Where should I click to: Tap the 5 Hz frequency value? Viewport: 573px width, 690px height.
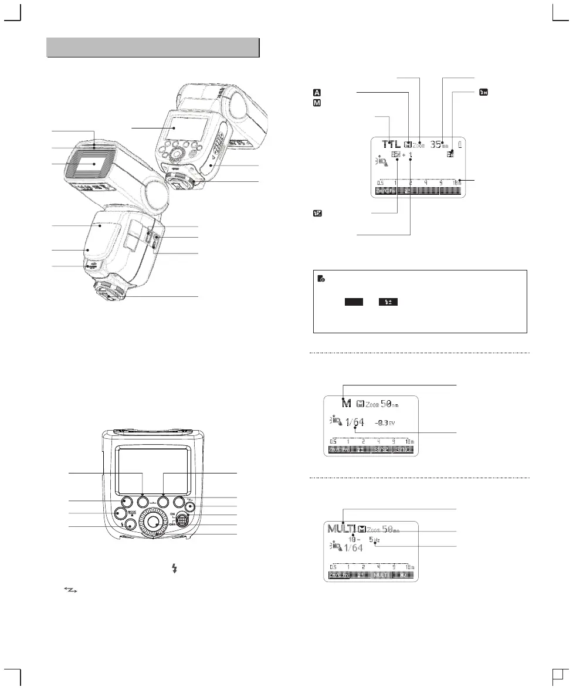pos(374,539)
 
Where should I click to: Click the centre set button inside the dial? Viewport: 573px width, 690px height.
pos(153,521)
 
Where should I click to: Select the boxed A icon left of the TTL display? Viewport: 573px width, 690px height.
pos(317,93)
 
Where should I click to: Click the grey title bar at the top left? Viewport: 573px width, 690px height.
pos(152,47)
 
